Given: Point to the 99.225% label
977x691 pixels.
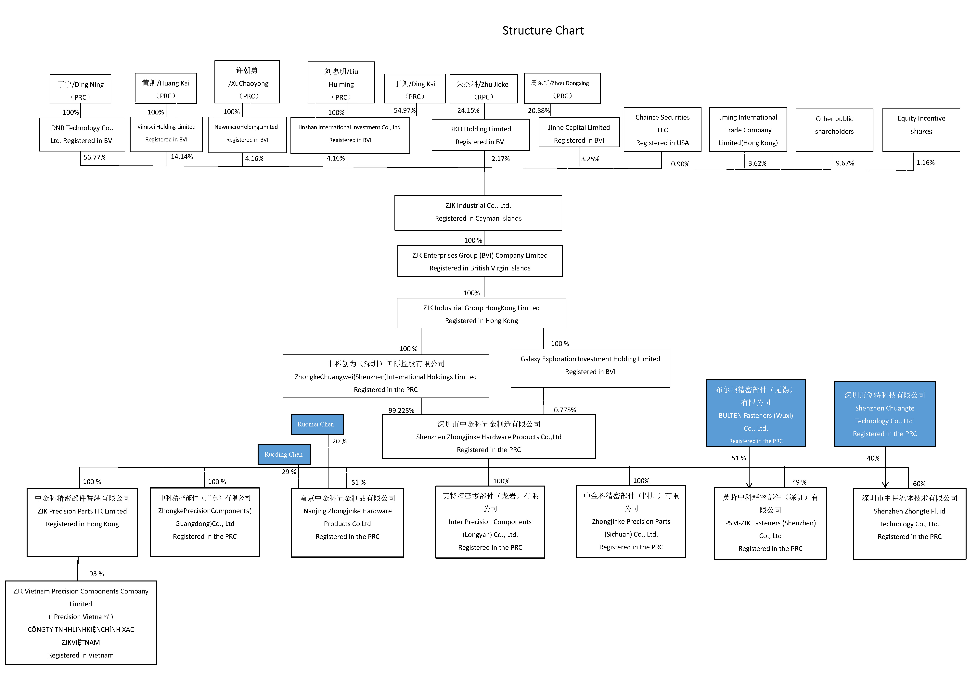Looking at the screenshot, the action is click(401, 410).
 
